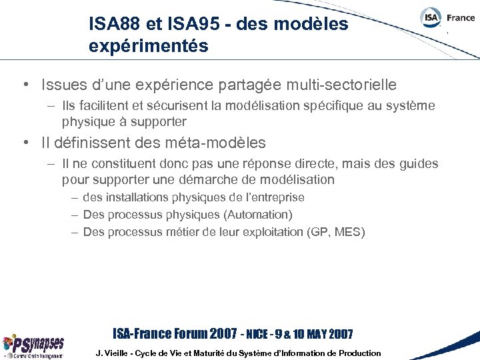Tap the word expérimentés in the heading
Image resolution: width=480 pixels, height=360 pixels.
point(149,47)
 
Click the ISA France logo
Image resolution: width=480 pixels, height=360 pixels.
point(447,18)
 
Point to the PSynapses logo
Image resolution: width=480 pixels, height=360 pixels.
point(33,345)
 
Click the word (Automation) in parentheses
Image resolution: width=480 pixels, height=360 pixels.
point(258,215)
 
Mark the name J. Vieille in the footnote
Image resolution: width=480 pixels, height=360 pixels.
point(114,353)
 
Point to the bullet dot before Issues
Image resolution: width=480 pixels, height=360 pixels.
point(25,85)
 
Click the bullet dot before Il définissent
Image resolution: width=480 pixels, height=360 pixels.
point(25,143)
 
